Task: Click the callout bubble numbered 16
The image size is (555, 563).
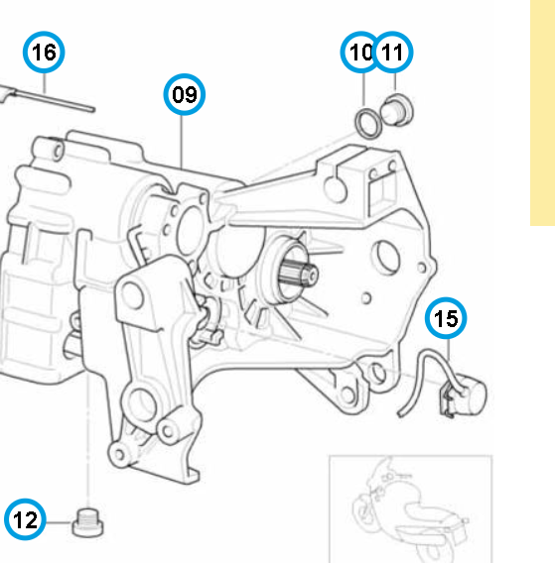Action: (x=44, y=53)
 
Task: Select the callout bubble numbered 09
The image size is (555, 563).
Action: (x=185, y=94)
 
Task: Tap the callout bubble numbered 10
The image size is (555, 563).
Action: (x=359, y=53)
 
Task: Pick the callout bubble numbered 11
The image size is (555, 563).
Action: (x=392, y=53)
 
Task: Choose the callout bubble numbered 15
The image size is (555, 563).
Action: (x=446, y=318)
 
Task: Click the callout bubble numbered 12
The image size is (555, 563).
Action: (x=25, y=519)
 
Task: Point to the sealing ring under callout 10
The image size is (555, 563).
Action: (x=368, y=123)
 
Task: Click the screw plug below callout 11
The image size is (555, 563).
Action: (x=397, y=110)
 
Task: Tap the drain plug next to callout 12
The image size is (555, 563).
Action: (x=87, y=523)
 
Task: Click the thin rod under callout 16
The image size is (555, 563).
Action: (x=48, y=97)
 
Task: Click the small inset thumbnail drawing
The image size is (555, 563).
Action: (x=410, y=508)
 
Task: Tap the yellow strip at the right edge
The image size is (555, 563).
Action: (x=542, y=113)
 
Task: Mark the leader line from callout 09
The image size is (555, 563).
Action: (x=182, y=142)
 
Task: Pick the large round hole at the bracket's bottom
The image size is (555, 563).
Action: (x=140, y=404)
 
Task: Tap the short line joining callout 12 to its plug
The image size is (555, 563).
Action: (x=59, y=522)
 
